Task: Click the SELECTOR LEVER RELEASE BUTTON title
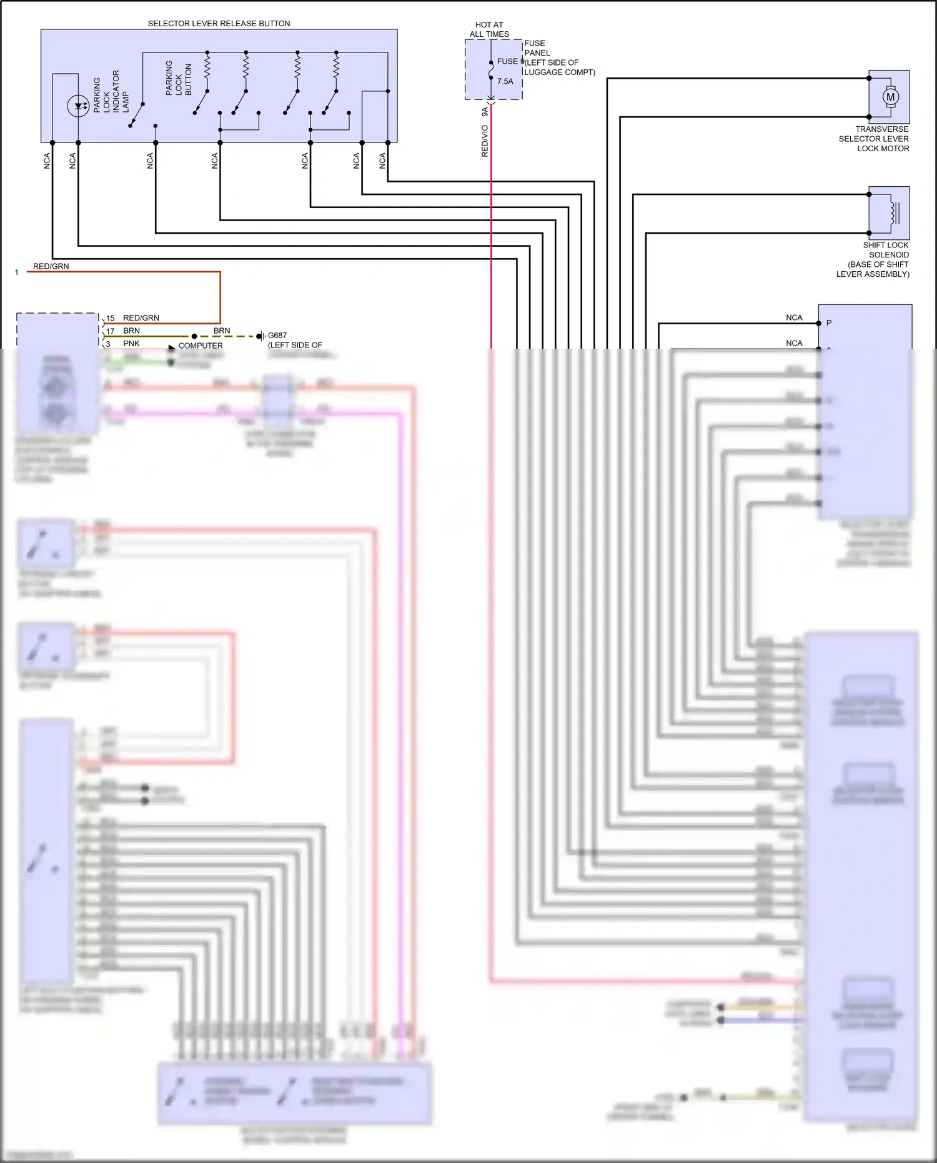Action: [x=219, y=24]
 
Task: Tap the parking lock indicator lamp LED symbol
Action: [x=78, y=106]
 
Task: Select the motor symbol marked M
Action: [x=890, y=97]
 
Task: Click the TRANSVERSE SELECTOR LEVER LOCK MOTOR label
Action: [x=874, y=139]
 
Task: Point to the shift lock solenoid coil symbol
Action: [x=892, y=212]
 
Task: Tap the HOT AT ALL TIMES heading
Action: [x=489, y=29]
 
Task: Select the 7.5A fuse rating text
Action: [x=505, y=81]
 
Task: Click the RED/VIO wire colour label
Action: [x=485, y=141]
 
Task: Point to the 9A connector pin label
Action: [x=485, y=112]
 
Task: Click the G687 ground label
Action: [x=277, y=336]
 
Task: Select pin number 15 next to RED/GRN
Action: [x=110, y=318]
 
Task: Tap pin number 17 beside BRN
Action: [x=110, y=331]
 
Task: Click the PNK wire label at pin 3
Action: [x=131, y=344]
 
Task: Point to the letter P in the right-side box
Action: [x=829, y=323]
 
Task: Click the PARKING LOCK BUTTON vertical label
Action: [x=179, y=78]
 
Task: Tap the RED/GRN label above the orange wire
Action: [x=51, y=266]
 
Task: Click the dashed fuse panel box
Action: [x=493, y=69]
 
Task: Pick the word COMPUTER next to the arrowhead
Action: [x=201, y=346]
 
